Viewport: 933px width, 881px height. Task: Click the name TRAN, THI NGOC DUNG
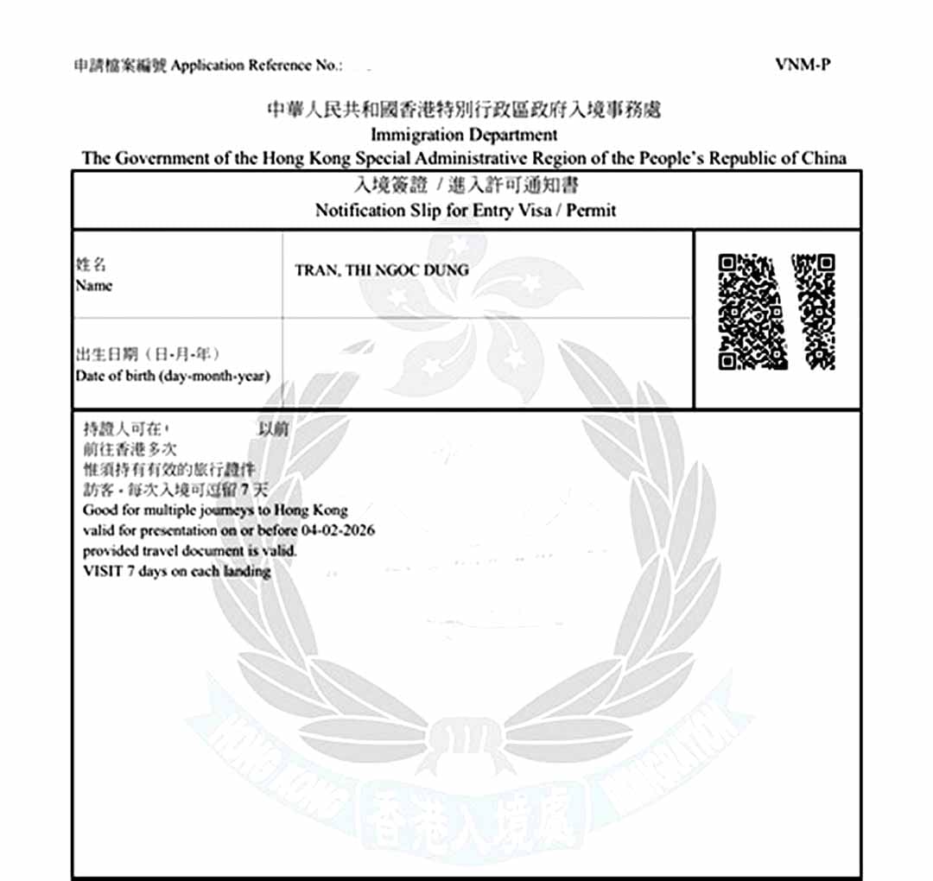(382, 270)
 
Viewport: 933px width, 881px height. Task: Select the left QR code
(752, 311)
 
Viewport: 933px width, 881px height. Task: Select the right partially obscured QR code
(814, 311)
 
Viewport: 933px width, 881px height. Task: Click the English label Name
(93, 286)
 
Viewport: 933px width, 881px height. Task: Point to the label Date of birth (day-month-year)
(172, 376)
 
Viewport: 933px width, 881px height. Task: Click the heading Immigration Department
(464, 135)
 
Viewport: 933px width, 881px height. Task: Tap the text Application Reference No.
(257, 67)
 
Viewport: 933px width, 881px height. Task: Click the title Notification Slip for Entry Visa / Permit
(466, 210)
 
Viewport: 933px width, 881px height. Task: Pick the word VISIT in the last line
(102, 571)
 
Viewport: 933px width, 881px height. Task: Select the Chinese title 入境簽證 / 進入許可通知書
(466, 186)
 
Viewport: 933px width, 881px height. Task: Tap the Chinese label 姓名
(91, 265)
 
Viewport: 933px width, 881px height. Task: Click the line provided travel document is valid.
(190, 550)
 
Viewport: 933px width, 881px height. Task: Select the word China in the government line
(822, 158)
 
